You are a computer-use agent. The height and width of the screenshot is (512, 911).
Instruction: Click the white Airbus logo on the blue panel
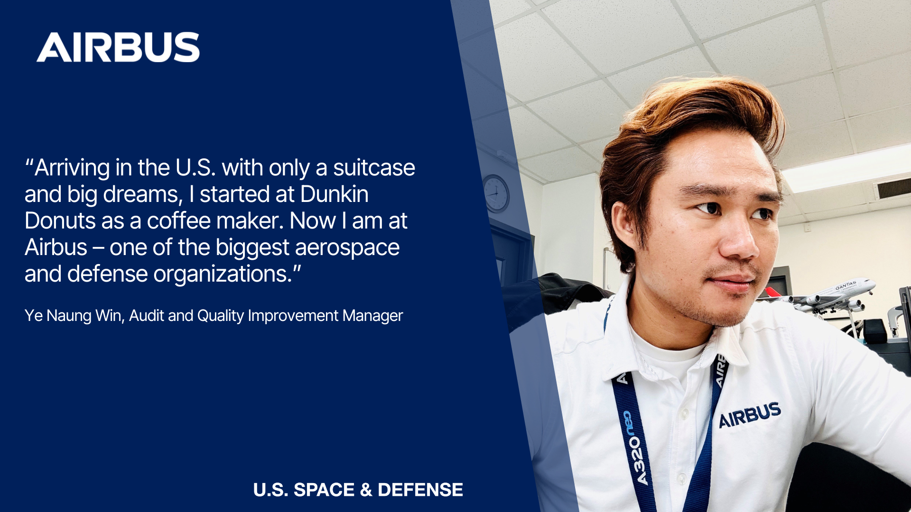[118, 47]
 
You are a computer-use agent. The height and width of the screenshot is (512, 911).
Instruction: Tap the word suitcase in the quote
[374, 167]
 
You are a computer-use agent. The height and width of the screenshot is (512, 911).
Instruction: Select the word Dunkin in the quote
[334, 194]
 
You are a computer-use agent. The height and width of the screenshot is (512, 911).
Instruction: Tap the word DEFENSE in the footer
[420, 490]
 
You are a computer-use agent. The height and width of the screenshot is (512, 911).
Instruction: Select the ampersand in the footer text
[366, 490]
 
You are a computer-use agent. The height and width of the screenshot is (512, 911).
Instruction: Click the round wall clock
[495, 193]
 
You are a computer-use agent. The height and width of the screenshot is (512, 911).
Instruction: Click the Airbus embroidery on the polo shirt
[750, 415]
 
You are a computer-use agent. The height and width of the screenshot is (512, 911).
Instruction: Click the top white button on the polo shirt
[684, 414]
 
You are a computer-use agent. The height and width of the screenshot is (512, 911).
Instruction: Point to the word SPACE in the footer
[324, 490]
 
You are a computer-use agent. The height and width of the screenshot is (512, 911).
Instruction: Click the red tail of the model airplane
[772, 292]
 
